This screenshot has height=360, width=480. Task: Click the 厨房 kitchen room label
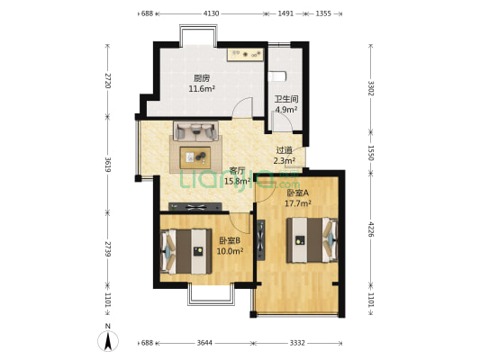(202, 78)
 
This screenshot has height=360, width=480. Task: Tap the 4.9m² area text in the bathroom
(286, 109)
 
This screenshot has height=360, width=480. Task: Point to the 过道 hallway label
(285, 150)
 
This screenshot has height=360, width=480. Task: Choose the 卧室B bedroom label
(230, 240)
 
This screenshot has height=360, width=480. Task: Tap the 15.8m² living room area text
(238, 182)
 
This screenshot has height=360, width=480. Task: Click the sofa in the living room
(196, 130)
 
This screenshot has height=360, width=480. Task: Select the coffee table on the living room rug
(195, 157)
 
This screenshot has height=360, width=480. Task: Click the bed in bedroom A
(312, 240)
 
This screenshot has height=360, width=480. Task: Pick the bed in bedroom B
(186, 251)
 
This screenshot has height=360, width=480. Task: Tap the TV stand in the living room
(195, 207)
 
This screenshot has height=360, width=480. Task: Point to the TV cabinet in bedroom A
(261, 240)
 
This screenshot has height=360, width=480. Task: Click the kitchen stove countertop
(245, 55)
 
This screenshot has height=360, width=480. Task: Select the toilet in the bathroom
(277, 76)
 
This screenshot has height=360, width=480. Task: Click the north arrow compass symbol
(108, 341)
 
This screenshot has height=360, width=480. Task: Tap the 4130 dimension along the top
(212, 13)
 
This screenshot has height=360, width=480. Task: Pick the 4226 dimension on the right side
(371, 229)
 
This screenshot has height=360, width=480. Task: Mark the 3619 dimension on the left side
(107, 164)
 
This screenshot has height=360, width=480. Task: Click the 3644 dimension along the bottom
(204, 343)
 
